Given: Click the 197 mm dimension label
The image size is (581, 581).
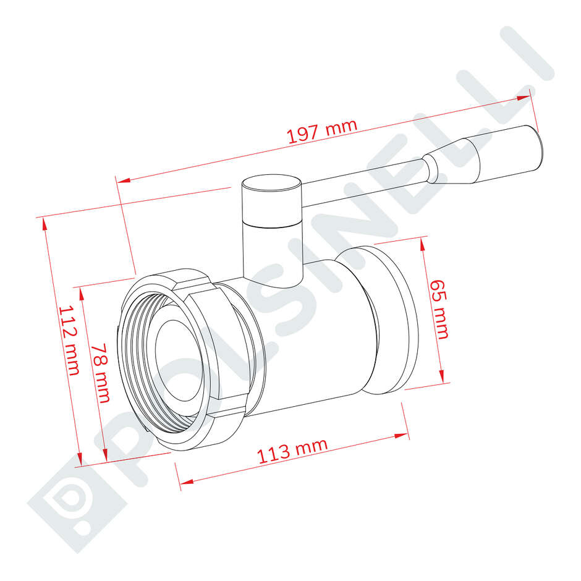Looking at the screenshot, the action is point(322,131).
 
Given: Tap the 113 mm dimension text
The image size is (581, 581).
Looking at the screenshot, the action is point(292,451).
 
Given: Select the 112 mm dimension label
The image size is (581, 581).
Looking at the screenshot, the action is point(69,340).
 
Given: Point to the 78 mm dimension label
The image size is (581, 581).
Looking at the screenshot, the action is point(100,373).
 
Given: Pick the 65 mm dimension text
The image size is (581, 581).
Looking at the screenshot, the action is point(439,310).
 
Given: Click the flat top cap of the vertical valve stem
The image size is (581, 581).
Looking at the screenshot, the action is point(271,183).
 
